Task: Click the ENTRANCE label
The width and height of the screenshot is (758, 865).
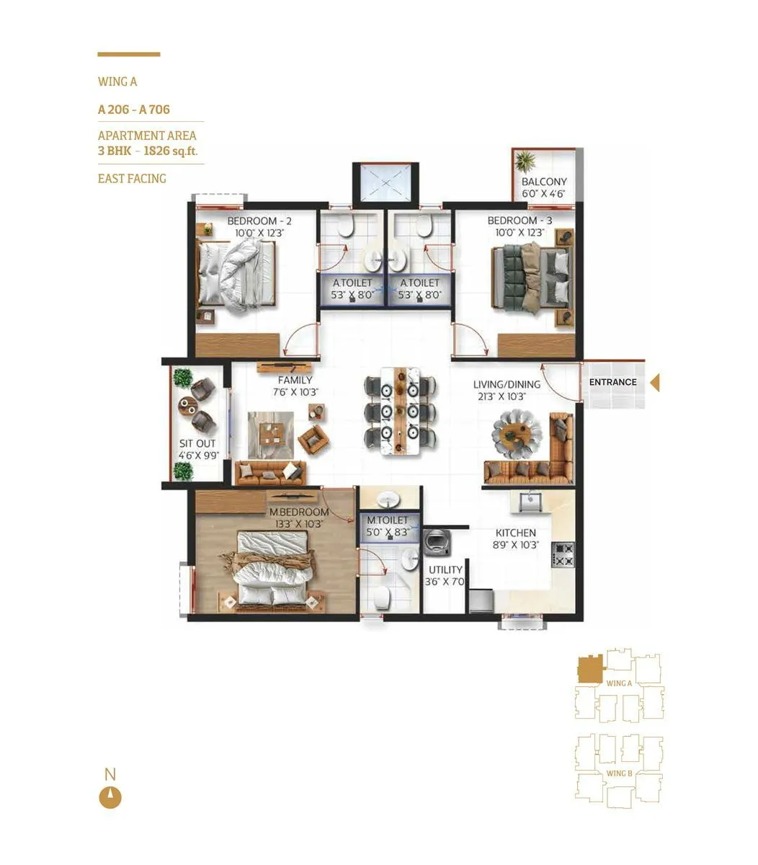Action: coord(612,382)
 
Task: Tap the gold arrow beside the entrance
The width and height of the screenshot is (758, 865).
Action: coord(654,383)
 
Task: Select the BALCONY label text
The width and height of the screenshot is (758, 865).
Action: coord(544,182)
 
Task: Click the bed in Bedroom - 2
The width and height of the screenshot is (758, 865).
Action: coord(236,275)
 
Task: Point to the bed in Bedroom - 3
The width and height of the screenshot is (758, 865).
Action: coord(532,276)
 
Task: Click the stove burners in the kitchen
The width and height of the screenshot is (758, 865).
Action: coord(563,554)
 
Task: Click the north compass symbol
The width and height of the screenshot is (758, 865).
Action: coord(110,797)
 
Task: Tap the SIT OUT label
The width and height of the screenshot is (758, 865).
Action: coord(197,444)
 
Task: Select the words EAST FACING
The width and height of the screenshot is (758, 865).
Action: coord(132,178)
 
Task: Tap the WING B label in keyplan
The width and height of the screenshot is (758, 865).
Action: coord(619,773)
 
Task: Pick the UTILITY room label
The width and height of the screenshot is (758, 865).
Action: coord(445,569)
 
